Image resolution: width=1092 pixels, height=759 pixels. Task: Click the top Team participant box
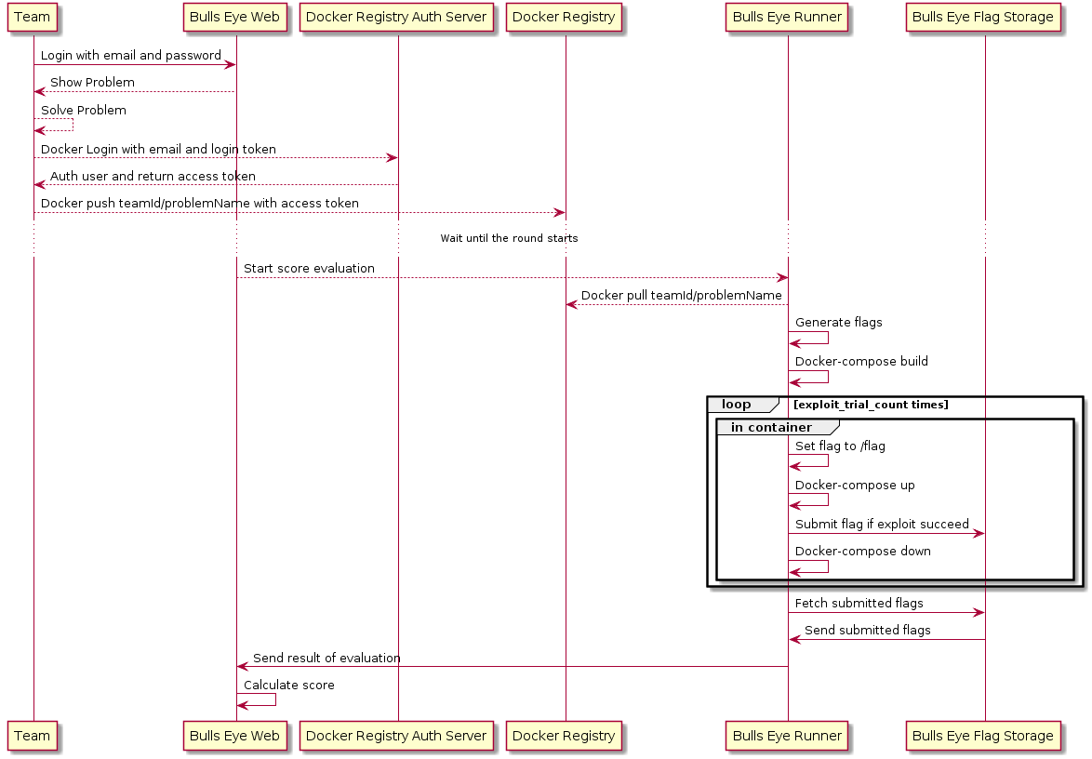click(32, 18)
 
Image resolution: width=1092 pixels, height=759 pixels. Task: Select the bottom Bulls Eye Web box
click(234, 736)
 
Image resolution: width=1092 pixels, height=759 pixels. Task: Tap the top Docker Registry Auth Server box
click(396, 18)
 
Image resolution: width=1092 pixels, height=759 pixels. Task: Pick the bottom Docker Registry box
click(564, 736)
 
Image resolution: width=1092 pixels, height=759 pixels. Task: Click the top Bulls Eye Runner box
click(787, 18)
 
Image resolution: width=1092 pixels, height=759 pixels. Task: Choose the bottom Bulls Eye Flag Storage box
click(982, 736)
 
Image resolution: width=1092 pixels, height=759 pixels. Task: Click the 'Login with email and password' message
click(131, 56)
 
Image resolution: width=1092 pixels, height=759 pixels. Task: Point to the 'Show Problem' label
click(93, 83)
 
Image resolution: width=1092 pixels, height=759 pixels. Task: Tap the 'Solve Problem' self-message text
click(84, 110)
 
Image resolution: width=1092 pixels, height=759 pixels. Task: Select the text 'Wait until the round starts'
click(509, 238)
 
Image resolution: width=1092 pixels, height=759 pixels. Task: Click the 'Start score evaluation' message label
click(309, 268)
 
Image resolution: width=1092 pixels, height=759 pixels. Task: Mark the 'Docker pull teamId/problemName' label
click(681, 295)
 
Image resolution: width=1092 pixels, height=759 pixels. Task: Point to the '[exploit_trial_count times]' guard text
click(871, 405)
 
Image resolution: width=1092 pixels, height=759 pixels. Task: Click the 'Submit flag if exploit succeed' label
click(882, 525)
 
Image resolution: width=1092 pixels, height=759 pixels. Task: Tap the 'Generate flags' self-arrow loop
click(828, 338)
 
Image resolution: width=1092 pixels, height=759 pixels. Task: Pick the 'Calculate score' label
click(289, 686)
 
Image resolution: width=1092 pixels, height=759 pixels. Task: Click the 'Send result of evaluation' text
click(326, 658)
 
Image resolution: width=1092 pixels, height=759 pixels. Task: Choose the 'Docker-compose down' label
click(863, 552)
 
